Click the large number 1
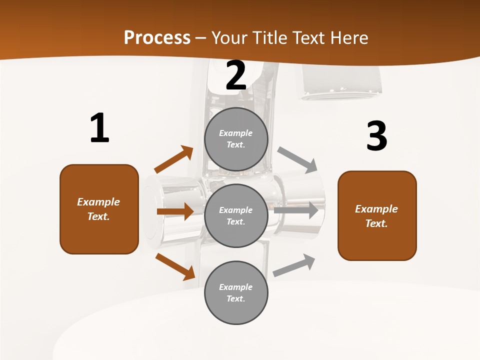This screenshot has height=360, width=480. [x=99, y=128]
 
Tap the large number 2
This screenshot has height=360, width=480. [x=236, y=75]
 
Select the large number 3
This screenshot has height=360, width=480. [x=376, y=136]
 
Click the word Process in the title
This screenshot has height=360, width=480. [x=157, y=37]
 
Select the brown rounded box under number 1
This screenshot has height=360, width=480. [x=99, y=209]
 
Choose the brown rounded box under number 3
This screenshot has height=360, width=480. [x=377, y=215]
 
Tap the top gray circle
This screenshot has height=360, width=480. [x=236, y=139]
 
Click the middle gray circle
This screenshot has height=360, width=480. [x=236, y=215]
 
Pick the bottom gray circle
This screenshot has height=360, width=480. [x=236, y=292]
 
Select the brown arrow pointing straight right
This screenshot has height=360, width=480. [x=175, y=211]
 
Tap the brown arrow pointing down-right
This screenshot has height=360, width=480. [x=175, y=266]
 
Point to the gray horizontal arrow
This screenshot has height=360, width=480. [x=296, y=210]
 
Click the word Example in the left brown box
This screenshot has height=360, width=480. [x=98, y=202]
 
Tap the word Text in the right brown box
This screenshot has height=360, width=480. [x=375, y=223]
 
